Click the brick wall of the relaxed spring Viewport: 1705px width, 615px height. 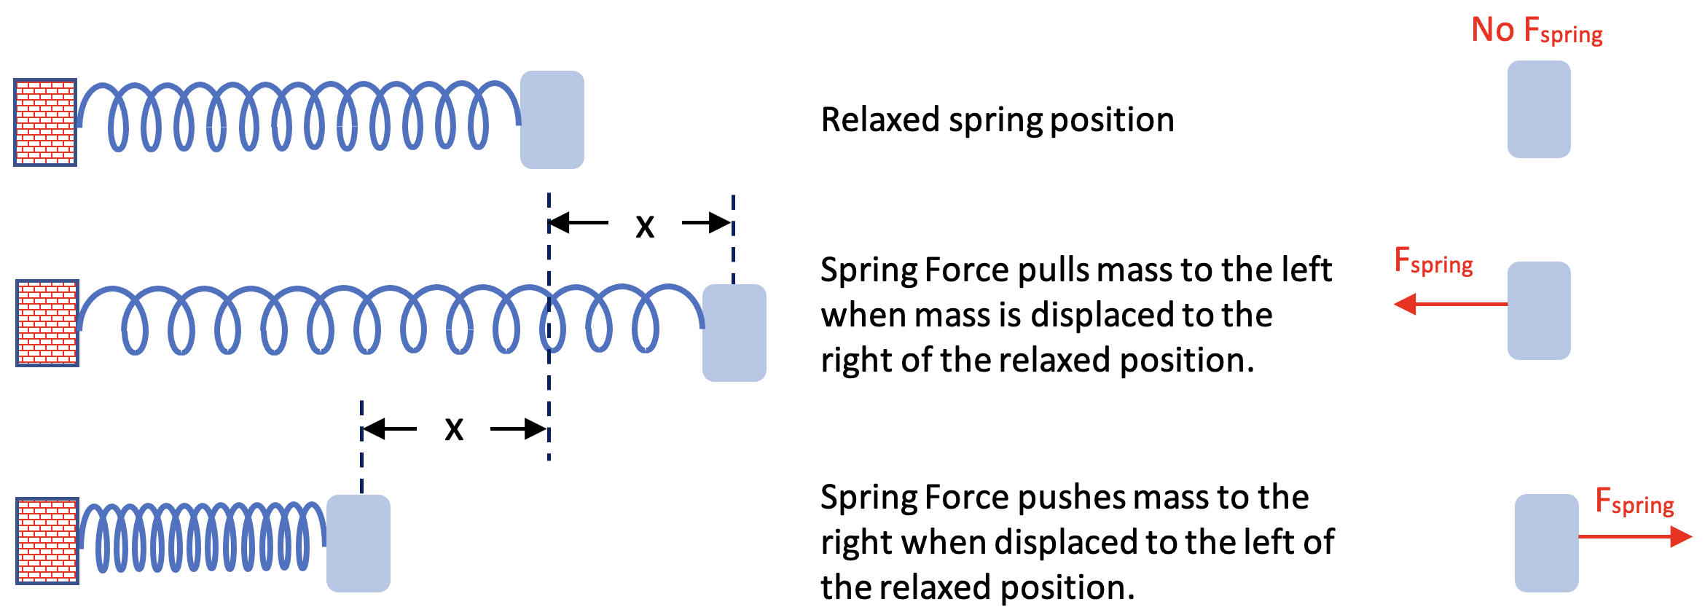click(45, 122)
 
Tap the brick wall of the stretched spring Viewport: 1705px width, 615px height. click(47, 323)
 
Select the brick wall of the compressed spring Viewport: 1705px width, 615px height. click(47, 541)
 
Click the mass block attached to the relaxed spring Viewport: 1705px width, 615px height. click(552, 120)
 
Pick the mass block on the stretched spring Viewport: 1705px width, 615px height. click(734, 333)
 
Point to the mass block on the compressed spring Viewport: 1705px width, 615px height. click(358, 544)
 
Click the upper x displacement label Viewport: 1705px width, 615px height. click(645, 226)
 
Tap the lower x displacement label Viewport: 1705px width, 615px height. click(454, 429)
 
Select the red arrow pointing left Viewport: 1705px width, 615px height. click(1450, 304)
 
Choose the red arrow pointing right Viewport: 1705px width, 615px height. click(1635, 537)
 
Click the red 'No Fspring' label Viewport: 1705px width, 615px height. click(1536, 31)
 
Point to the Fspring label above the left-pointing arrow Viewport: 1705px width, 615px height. click(1433, 261)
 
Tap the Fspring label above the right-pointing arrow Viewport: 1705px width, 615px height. click(1634, 501)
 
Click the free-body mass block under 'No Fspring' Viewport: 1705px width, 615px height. click(1539, 109)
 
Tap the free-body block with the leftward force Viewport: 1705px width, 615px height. click(1539, 311)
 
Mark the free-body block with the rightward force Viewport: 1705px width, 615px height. click(1546, 544)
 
